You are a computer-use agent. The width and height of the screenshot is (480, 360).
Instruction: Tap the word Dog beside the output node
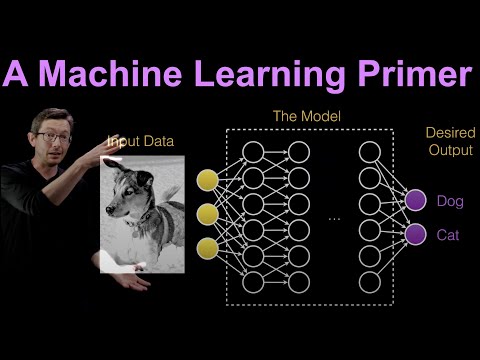coord(450,201)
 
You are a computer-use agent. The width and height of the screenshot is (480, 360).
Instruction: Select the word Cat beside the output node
coord(448,235)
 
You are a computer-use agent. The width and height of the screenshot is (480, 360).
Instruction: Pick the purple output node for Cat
coord(414,235)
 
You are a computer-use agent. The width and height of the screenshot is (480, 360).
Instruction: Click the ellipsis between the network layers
coord(335,217)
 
